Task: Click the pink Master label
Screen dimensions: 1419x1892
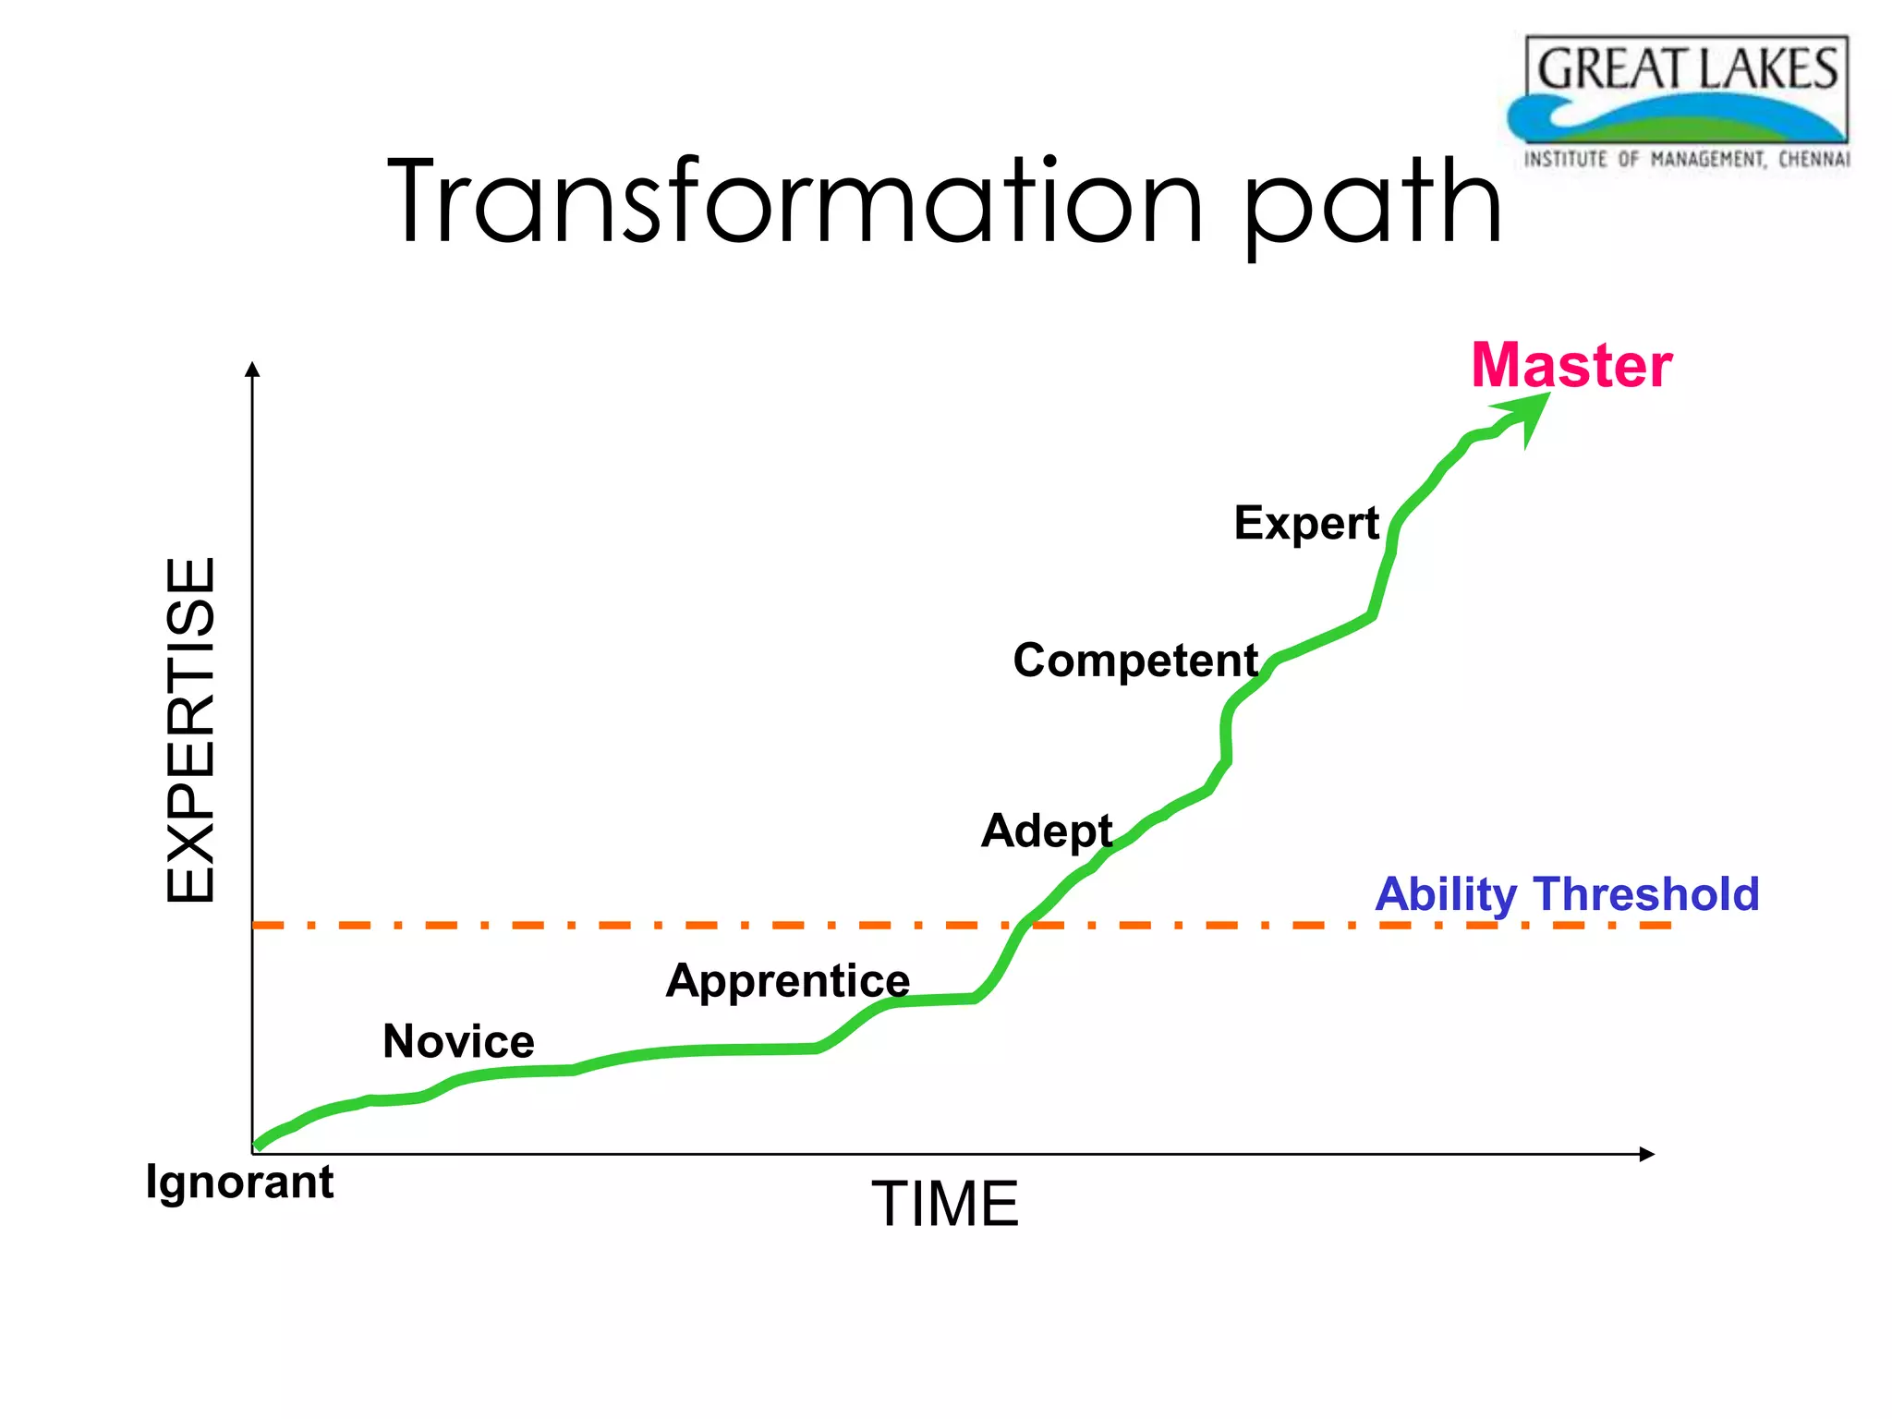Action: click(x=1571, y=366)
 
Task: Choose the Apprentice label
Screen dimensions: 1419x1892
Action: click(x=787, y=981)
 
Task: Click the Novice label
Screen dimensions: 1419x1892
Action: click(x=458, y=1042)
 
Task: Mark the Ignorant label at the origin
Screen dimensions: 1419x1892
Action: click(x=239, y=1182)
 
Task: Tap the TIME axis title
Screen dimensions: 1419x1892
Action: click(x=944, y=1204)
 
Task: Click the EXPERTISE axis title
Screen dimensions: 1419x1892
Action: click(x=191, y=730)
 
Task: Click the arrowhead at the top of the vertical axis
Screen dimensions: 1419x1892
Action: click(x=252, y=369)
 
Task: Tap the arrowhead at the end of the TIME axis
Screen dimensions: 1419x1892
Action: click(x=1646, y=1154)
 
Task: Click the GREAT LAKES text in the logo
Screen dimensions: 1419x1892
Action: click(x=1687, y=69)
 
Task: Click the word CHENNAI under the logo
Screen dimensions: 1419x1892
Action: click(x=1813, y=160)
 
